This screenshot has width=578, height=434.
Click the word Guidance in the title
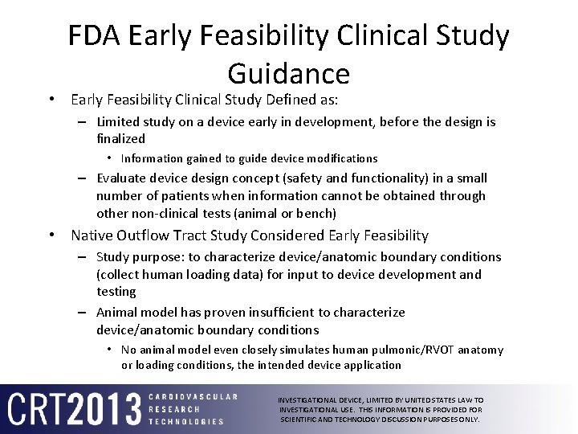click(289, 73)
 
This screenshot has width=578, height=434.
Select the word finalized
click(120, 138)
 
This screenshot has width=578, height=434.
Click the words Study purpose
click(132, 257)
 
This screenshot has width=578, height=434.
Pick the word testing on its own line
click(116, 291)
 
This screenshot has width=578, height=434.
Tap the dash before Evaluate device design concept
click(83, 178)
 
